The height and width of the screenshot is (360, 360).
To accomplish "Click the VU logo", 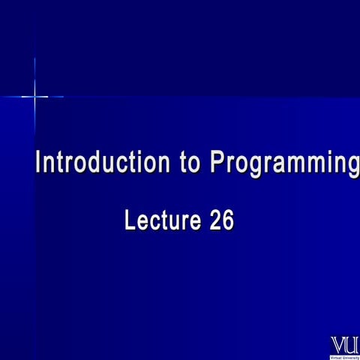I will [343, 346].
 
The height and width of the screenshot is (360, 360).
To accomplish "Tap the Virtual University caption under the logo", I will [343, 357].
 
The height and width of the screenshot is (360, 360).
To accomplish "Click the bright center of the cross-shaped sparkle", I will [34, 96].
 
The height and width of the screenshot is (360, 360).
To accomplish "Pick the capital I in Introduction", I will [40, 163].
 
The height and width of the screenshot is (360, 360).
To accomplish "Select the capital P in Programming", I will [217, 163].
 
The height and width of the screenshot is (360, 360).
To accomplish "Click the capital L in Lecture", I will [129, 221].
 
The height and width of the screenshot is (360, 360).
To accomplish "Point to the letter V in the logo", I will [337, 346].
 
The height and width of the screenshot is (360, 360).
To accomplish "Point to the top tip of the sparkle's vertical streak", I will [34, 58].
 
